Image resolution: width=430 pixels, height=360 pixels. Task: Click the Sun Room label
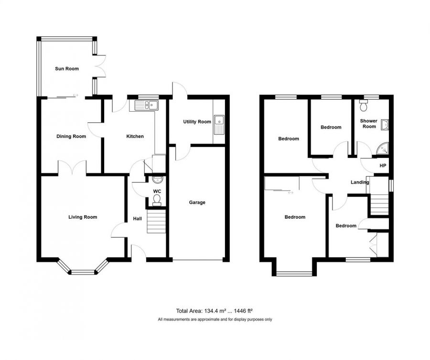66,69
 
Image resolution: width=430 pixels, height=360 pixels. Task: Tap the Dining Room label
71,137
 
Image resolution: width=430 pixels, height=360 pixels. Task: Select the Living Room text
83,217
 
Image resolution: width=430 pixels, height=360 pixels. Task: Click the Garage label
197,202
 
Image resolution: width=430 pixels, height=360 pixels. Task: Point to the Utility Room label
197,122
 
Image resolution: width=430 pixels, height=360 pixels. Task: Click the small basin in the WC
158,180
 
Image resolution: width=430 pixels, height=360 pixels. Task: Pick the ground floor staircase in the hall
156,223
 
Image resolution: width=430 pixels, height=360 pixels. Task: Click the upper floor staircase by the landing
380,205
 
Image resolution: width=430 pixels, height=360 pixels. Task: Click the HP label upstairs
382,166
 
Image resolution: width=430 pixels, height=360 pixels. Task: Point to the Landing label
360,182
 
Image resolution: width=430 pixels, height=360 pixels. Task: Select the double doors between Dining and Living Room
72,168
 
